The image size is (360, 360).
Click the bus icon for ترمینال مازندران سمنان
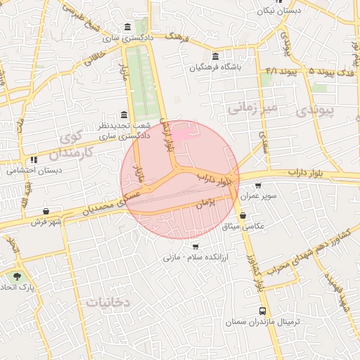pos(263,311)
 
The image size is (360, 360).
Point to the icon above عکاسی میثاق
pos(243,216)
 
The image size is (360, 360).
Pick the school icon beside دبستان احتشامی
pos(34,160)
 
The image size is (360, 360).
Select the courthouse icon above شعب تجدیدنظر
pos(124,115)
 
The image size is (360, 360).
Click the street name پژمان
pos(205,204)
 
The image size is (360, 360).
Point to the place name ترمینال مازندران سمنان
pos(262,321)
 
